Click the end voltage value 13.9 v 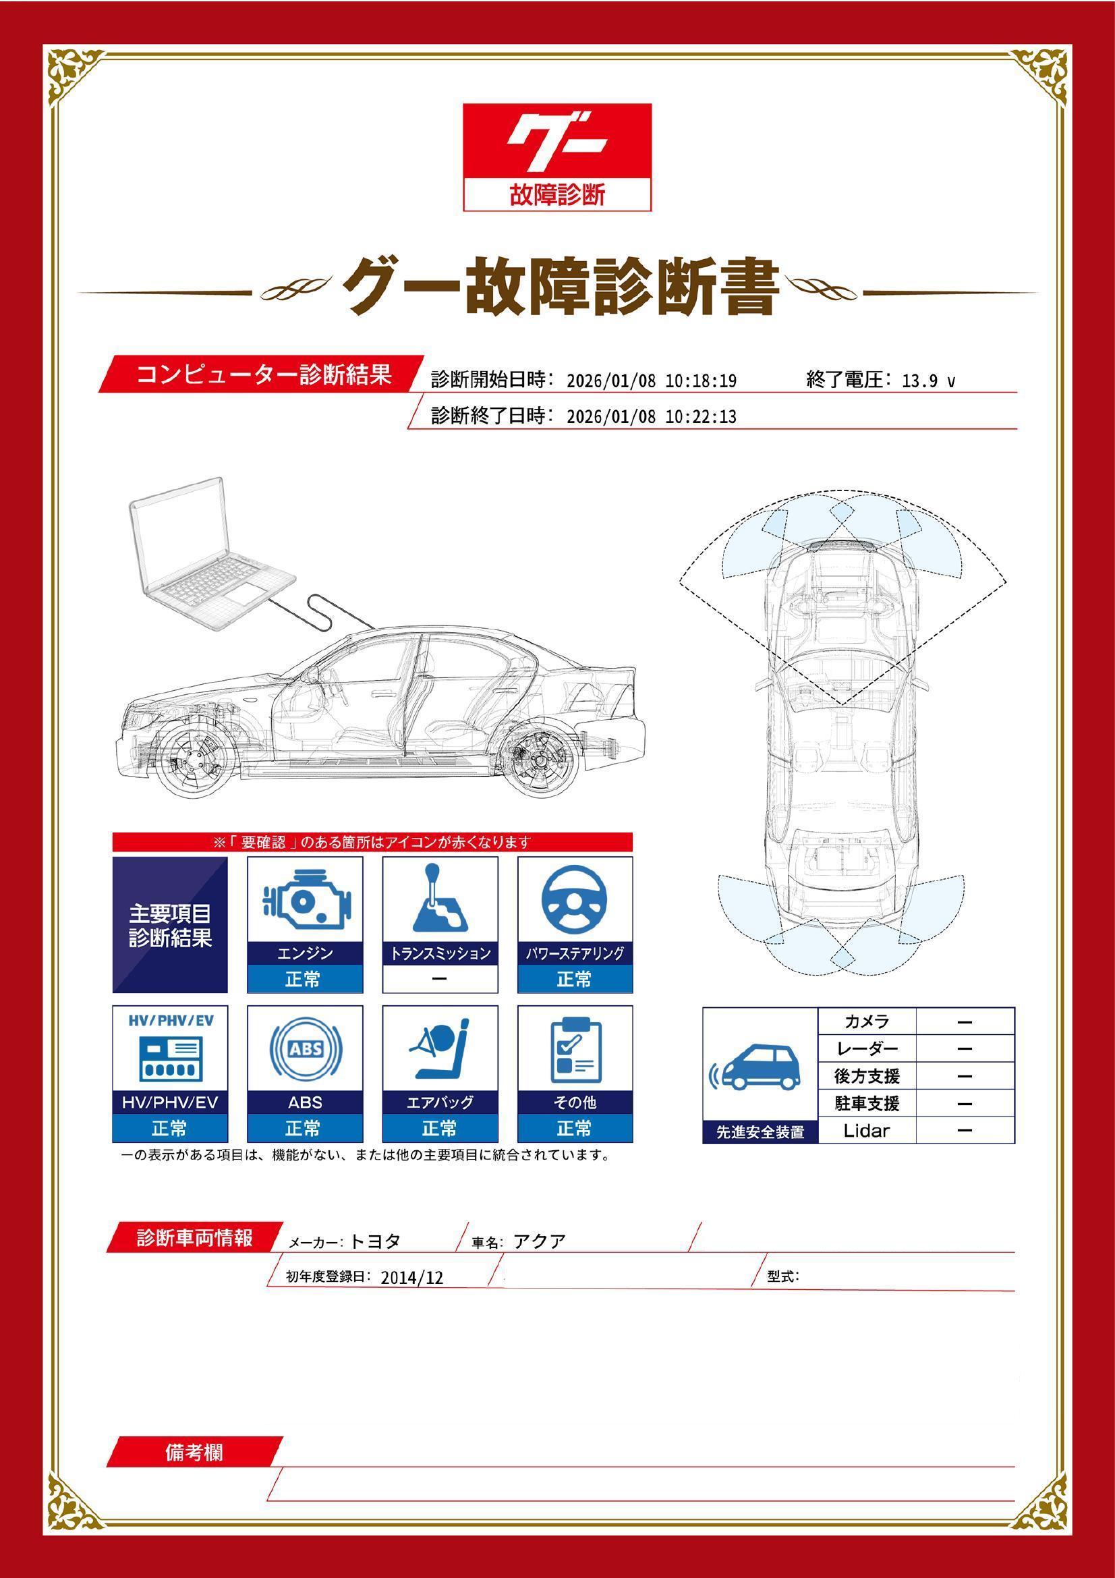point(927,381)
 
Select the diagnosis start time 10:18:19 point(701,381)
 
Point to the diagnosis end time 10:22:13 point(701,417)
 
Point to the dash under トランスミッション point(440,980)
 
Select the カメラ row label point(866,1021)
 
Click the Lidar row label point(866,1131)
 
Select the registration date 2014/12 point(411,1278)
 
